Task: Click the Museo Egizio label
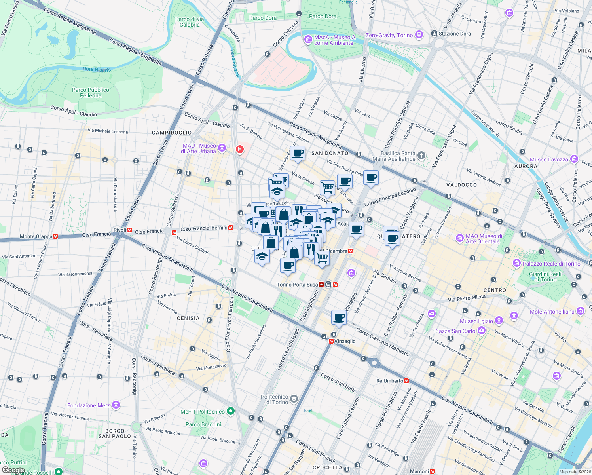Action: click(476, 321)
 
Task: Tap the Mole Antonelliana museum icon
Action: click(580, 311)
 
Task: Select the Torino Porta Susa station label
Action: click(297, 285)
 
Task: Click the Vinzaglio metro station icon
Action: click(331, 341)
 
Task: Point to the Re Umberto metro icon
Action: click(406, 381)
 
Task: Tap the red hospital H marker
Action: click(239, 149)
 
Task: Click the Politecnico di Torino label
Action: click(275, 399)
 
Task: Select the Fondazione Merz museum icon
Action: click(116, 405)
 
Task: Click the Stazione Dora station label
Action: click(454, 34)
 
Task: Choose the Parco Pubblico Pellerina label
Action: click(90, 93)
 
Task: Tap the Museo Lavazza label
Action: click(548, 160)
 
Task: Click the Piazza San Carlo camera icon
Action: click(481, 331)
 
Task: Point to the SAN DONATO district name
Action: click(330, 153)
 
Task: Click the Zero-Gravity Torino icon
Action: click(419, 35)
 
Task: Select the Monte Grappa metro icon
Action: click(55, 236)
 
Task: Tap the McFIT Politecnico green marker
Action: click(231, 411)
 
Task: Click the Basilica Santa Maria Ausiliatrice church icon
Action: click(421, 155)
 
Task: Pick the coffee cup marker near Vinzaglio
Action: click(339, 317)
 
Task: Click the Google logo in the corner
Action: click(13, 470)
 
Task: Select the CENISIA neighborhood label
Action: click(188, 318)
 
